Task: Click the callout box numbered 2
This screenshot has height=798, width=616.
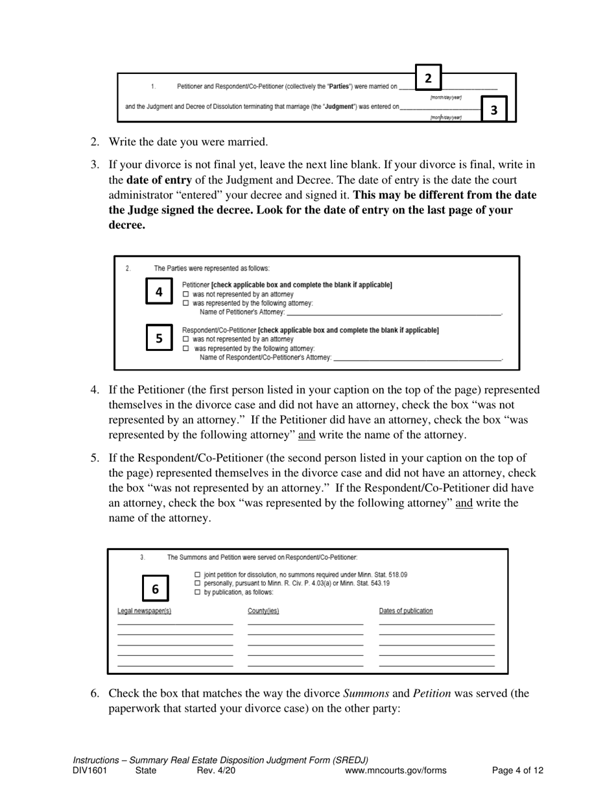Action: click(428, 78)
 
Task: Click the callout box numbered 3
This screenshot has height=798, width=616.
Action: click(494, 110)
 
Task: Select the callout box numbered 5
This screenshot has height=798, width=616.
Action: click(159, 338)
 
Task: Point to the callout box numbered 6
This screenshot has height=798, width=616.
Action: click(155, 589)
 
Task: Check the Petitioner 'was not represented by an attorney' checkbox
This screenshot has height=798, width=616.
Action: click(185, 294)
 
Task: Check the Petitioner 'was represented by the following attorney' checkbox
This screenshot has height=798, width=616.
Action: click(185, 303)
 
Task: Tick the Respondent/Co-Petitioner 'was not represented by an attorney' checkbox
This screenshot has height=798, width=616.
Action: click(185, 339)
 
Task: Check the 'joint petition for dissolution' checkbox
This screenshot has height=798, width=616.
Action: click(198, 575)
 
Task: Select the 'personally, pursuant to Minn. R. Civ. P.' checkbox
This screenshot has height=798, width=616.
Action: click(198, 583)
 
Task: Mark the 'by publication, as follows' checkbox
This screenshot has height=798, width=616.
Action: click(198, 592)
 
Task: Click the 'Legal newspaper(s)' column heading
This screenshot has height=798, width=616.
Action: click(144, 611)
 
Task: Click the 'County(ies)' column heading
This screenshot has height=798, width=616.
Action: click(263, 611)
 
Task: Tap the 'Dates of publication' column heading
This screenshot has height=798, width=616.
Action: click(406, 611)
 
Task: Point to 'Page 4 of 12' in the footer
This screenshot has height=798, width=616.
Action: click(517, 771)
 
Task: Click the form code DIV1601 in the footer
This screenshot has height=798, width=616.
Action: click(89, 771)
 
